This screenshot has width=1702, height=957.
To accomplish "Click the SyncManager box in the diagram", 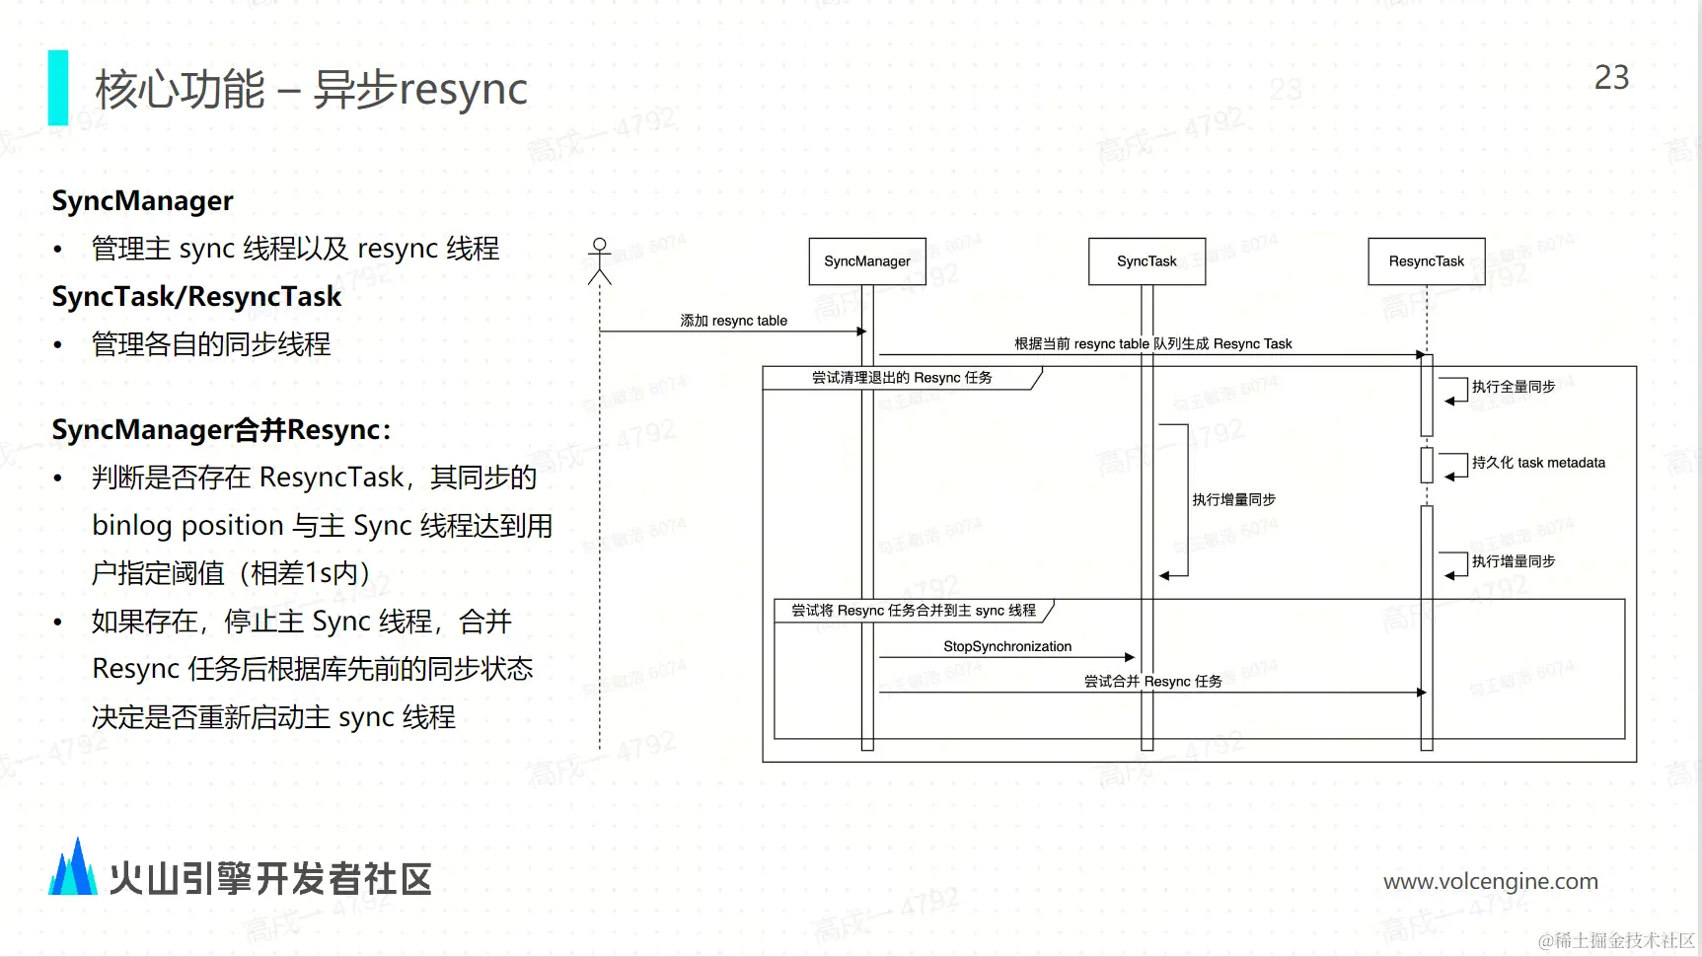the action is coord(867,261).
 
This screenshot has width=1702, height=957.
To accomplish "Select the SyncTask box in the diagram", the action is coord(1147,261).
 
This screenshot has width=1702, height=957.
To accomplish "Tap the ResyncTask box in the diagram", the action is coord(1426,261).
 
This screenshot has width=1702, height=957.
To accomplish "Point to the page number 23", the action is coord(1611,78).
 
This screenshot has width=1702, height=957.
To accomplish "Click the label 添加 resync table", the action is coord(733,321).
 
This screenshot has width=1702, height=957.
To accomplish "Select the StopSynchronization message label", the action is coord(1006,646).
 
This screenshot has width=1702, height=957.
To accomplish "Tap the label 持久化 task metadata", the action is coord(1537,463).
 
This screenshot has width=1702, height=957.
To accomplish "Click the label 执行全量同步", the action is coord(1513,387).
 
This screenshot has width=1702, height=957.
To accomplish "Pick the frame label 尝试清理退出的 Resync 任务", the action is coord(902,378).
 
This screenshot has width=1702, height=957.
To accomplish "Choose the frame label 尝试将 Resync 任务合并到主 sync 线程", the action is coord(914,611).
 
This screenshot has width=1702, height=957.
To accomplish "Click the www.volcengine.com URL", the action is coord(1490,881).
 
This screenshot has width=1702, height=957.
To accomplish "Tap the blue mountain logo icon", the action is coord(73,868).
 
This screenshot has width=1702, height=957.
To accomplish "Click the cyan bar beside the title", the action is coord(58,88).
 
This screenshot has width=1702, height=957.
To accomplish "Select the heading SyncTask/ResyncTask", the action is coord(196,296).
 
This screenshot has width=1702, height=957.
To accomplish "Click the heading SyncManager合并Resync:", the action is coord(221,430).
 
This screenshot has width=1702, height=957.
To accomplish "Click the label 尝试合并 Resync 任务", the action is coord(1152,682).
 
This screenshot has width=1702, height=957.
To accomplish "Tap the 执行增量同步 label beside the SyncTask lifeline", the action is coord(1233,500).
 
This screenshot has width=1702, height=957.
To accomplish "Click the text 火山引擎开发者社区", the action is coord(270,879).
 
